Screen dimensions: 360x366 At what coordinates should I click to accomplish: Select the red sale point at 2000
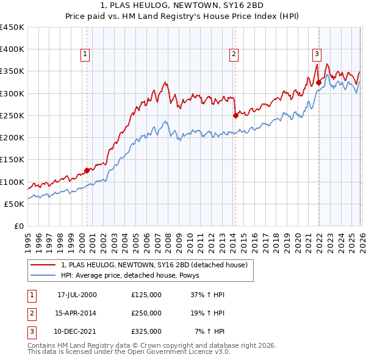(87, 170)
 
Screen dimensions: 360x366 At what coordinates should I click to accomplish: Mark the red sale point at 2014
(235, 115)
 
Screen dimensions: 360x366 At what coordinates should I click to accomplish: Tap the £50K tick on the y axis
(14, 204)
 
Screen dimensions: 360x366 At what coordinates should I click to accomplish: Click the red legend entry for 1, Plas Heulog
(154, 265)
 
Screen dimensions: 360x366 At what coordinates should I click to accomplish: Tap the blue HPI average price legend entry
(134, 276)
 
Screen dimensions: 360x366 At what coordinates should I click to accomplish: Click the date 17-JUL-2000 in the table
(77, 295)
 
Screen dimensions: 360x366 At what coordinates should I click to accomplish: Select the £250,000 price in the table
(146, 313)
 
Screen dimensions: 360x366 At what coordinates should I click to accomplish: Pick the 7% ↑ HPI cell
(210, 331)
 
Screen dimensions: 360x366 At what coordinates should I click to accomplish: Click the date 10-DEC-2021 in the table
(77, 331)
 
